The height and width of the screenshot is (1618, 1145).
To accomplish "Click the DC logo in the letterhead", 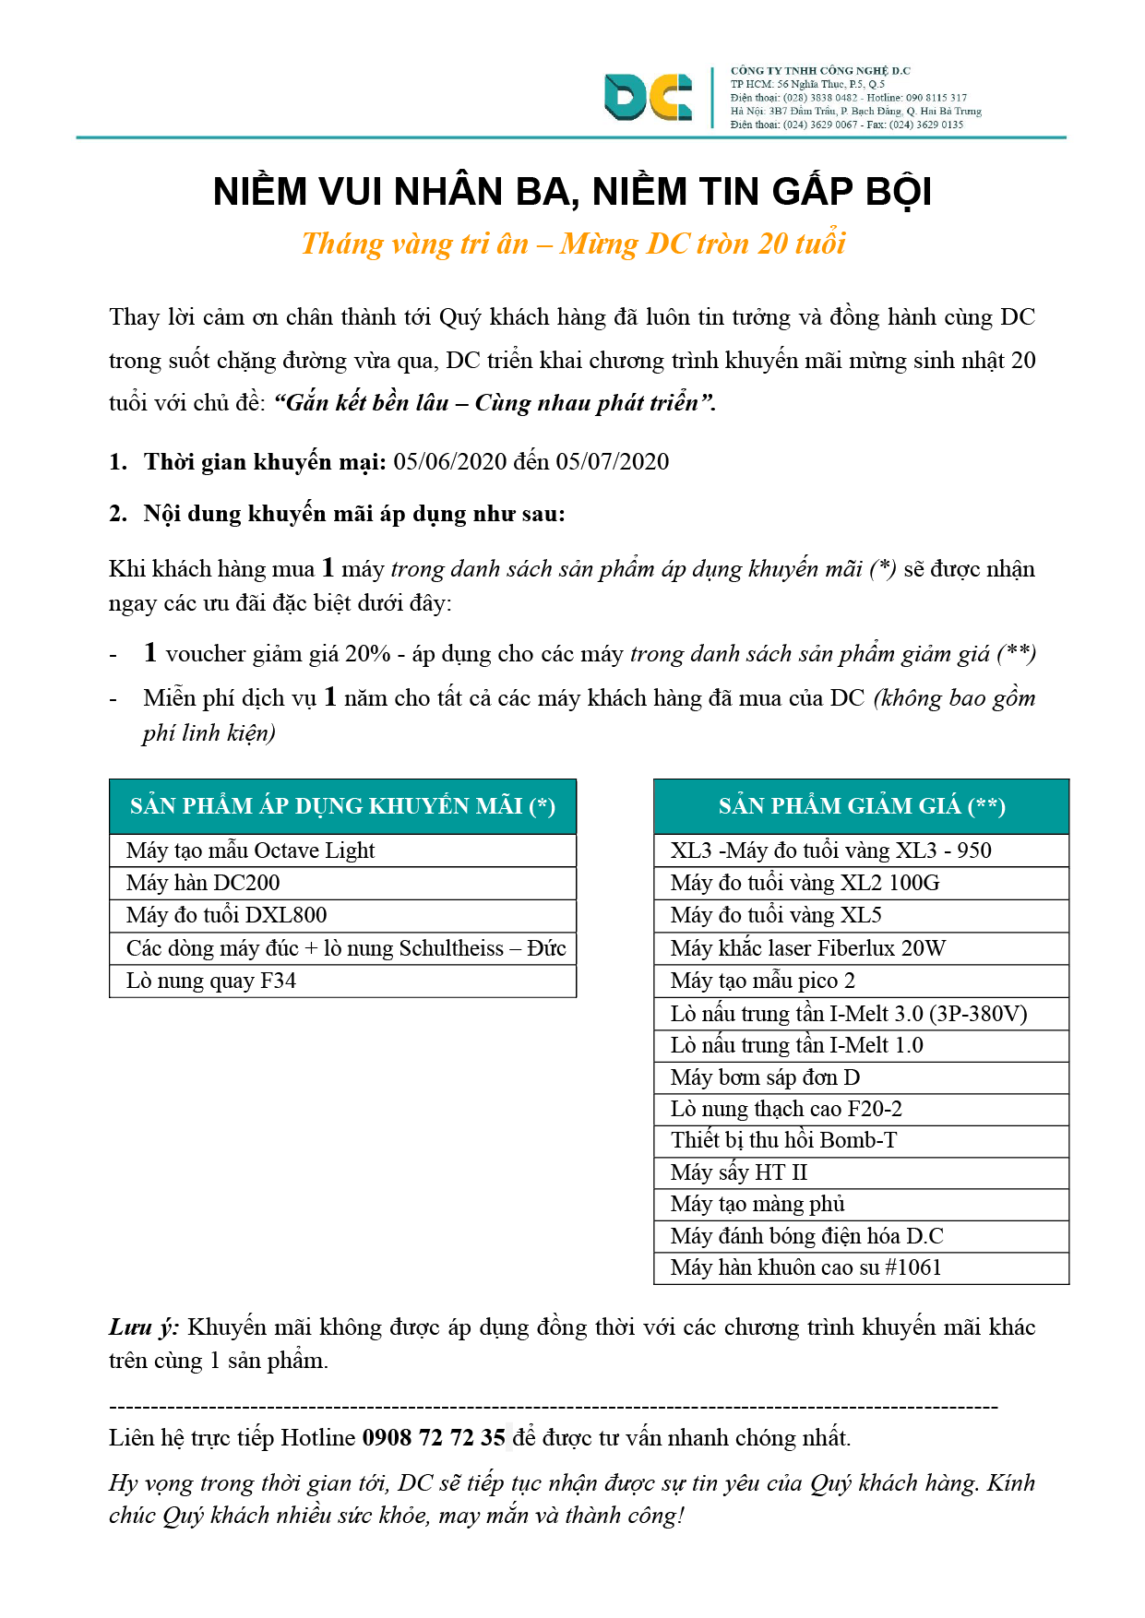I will (x=648, y=97).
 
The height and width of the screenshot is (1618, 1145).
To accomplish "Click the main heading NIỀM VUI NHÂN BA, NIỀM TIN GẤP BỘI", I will (x=572, y=192).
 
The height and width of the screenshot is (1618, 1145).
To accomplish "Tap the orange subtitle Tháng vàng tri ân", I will (x=415, y=244).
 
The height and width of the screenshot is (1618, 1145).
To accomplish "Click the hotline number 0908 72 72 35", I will (x=434, y=1438).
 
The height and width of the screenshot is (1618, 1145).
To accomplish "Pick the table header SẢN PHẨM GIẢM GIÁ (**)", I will (x=861, y=806).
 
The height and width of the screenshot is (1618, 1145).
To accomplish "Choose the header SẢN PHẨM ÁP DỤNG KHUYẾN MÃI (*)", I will (x=342, y=806).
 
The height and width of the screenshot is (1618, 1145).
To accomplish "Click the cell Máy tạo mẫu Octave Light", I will (x=251, y=851).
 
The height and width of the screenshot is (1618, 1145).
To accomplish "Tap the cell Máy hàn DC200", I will (x=203, y=883).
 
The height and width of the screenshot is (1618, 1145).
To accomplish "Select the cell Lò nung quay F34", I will (x=211, y=981).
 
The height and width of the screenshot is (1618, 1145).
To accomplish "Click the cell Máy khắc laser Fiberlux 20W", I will (x=808, y=948).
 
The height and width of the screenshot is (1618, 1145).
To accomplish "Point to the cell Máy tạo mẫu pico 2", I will (x=763, y=981).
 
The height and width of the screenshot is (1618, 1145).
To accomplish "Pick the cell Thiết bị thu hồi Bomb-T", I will (x=784, y=1140).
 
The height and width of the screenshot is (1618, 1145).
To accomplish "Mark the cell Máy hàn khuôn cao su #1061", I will (x=806, y=1267).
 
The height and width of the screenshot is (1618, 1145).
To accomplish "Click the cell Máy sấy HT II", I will (x=739, y=1172).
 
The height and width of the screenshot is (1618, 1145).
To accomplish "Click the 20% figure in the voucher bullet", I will (x=368, y=654).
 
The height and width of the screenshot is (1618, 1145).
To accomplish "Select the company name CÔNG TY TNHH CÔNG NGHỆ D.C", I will (x=820, y=71).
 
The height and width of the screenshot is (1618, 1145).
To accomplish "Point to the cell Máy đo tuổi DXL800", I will (x=227, y=915).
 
